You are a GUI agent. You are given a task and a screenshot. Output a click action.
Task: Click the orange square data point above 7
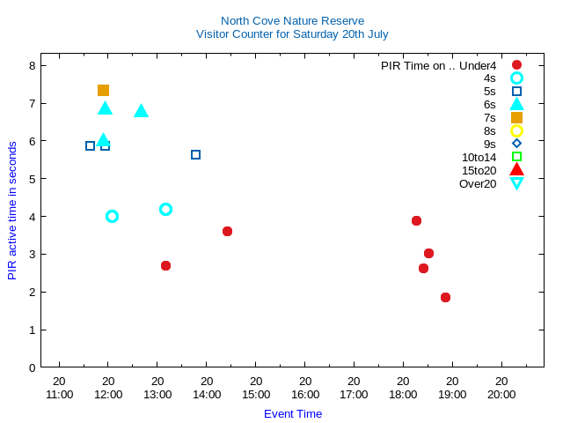pyautogui.click(x=103, y=90)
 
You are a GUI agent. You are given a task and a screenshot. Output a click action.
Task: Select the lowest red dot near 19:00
pyautogui.click(x=445, y=297)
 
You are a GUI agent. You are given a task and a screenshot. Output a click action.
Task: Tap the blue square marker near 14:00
pyautogui.click(x=195, y=154)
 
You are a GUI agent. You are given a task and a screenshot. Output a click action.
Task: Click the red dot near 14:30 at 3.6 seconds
pyautogui.click(x=227, y=231)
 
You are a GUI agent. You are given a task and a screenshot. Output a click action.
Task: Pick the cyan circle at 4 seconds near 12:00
pyautogui.click(x=112, y=216)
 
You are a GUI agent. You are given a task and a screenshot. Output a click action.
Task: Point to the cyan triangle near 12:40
pyautogui.click(x=141, y=111)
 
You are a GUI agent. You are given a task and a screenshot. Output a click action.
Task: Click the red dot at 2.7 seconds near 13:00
pyautogui.click(x=165, y=265)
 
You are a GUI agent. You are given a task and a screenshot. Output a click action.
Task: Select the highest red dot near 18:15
pyautogui.click(x=416, y=220)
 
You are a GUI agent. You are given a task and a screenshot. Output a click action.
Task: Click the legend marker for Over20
pyautogui.click(x=516, y=183)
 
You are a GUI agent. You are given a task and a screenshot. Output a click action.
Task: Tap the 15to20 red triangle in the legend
pyautogui.click(x=516, y=170)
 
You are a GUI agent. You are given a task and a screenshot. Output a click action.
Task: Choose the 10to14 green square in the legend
pyautogui.click(x=516, y=157)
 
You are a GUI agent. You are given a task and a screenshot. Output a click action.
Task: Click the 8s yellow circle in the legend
pyautogui.click(x=516, y=130)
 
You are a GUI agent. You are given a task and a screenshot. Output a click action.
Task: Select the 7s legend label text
pyautogui.click(x=489, y=117)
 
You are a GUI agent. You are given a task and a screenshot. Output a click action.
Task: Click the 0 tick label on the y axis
pyautogui.click(x=32, y=367)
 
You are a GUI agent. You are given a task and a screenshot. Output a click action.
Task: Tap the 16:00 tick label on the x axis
pyautogui.click(x=304, y=395)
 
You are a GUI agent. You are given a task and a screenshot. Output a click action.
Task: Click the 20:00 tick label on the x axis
pyautogui.click(x=501, y=395)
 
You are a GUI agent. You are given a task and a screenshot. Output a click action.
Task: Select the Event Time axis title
pyautogui.click(x=293, y=413)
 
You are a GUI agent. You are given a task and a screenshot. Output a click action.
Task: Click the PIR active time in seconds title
pyautogui.click(x=12, y=210)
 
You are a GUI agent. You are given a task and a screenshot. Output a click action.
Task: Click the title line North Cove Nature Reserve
pyautogui.click(x=292, y=20)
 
